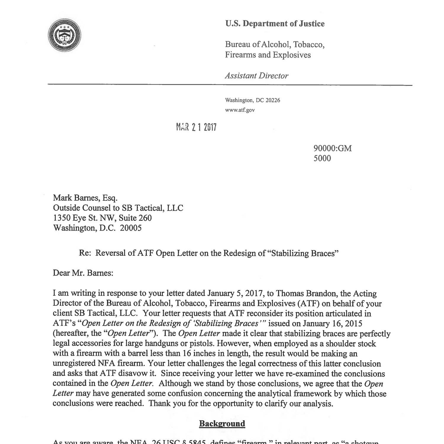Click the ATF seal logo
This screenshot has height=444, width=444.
(x=65, y=35)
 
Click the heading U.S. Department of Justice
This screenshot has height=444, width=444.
(x=274, y=24)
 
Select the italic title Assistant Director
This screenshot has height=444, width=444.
(x=256, y=76)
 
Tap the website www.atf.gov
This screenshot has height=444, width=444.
(x=239, y=110)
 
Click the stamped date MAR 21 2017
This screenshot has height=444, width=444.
(x=196, y=127)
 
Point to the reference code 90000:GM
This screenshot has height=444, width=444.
(x=332, y=148)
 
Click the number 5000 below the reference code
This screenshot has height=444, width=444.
(x=322, y=158)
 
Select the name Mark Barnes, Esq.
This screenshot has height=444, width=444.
(x=85, y=198)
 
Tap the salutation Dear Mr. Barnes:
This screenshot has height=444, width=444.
(x=83, y=273)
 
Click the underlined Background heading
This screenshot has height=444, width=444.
(x=222, y=424)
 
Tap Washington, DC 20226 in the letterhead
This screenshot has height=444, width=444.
(x=252, y=100)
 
